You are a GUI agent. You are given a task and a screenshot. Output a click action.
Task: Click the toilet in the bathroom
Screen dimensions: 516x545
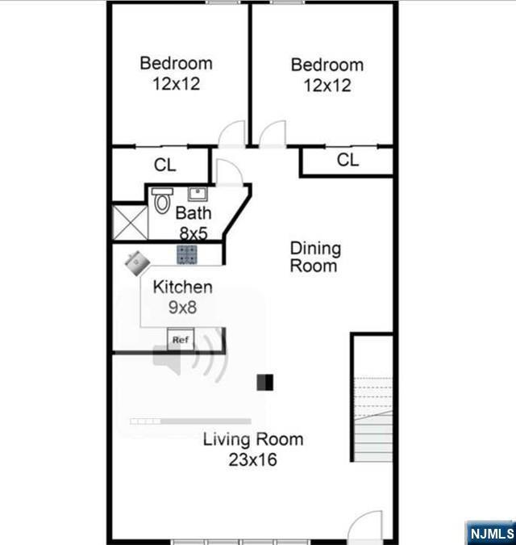point(162,200)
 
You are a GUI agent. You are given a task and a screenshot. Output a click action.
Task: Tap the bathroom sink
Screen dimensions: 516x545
point(198,194)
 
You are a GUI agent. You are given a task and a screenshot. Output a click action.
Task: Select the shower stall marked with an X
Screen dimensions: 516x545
point(130,223)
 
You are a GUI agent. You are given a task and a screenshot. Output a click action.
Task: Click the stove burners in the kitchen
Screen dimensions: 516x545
point(187,254)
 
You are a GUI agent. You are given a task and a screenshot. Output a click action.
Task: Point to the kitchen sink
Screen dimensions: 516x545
point(137,263)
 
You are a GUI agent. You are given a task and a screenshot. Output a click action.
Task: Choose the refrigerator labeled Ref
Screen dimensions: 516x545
point(181,339)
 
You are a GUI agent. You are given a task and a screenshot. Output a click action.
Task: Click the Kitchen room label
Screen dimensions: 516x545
point(182,287)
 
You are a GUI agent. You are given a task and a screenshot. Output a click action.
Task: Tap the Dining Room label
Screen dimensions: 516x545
point(315,258)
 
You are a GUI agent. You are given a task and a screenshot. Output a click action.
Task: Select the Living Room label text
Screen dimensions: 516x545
point(253,439)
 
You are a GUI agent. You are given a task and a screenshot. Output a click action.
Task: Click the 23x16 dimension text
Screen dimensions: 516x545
point(252,459)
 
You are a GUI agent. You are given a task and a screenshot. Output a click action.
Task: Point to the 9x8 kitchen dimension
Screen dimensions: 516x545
point(182,308)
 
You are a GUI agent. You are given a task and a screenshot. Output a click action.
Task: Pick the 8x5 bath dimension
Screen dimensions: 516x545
point(193,233)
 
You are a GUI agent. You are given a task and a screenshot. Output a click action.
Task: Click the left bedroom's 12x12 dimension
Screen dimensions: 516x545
point(177,84)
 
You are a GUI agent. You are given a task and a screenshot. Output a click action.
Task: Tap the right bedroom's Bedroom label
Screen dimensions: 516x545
point(327,65)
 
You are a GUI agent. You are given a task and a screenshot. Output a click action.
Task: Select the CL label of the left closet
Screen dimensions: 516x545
point(164,165)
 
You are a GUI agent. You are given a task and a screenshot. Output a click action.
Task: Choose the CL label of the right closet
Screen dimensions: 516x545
point(347,160)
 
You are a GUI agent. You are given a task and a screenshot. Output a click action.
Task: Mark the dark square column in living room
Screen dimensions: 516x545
point(264,383)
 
